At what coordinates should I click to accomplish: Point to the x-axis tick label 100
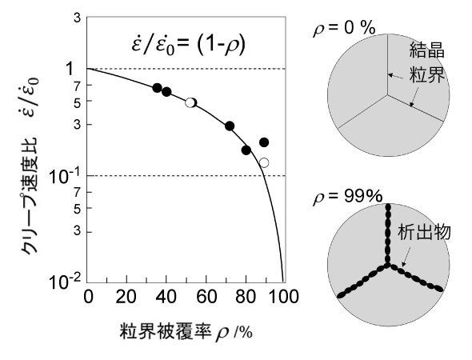282,297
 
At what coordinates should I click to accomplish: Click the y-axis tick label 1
70,69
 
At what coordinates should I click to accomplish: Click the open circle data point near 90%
264,162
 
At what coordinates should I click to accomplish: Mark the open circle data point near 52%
190,102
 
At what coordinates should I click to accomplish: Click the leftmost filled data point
157,87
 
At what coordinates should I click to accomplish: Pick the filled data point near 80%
246,150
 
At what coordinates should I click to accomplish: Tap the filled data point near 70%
230,126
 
